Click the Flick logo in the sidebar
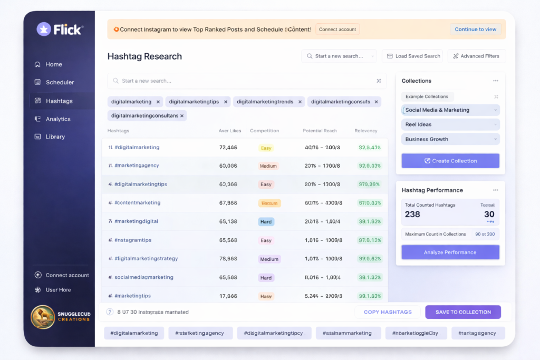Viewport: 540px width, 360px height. tap(59, 30)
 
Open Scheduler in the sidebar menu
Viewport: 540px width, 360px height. tap(60, 82)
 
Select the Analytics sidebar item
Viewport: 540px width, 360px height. tap(58, 119)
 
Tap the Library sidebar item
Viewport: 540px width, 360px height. tap(55, 137)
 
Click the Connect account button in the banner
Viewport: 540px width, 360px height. tap(337, 30)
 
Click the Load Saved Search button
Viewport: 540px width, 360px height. tap(413, 56)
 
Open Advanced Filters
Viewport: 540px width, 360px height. tap(477, 56)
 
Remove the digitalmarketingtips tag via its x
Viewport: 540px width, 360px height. tap(226, 102)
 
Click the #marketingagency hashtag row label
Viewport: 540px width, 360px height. tap(137, 166)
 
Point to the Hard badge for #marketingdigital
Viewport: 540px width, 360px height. tap(266, 222)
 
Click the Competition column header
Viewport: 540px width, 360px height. tap(265, 131)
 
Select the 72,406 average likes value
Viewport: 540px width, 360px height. tap(228, 148)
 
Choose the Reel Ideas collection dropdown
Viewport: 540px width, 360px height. tap(450, 125)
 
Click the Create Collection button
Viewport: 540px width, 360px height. tap(450, 161)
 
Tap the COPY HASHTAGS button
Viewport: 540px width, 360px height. tap(388, 312)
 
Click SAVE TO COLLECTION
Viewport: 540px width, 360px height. tap(463, 312)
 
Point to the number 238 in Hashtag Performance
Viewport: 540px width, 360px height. tap(412, 215)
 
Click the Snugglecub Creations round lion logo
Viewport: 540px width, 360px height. tap(43, 317)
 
